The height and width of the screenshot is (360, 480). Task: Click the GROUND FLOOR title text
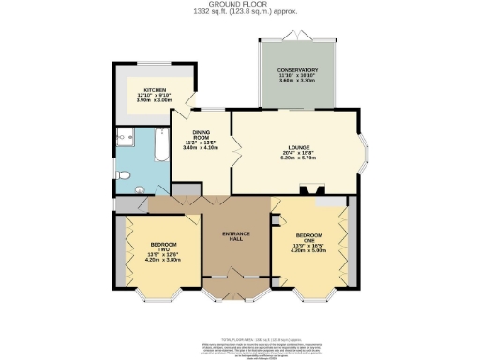click(x=240, y=5)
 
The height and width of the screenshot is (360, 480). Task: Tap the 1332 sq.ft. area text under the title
click(x=240, y=13)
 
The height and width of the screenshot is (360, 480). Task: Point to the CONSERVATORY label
click(x=296, y=70)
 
